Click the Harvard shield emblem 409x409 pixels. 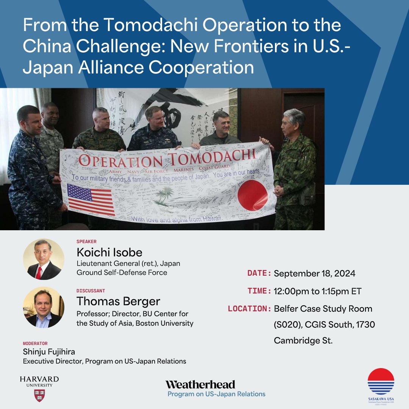39,395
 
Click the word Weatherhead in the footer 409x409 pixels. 200,384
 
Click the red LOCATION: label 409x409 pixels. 250,309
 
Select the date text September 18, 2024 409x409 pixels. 314,273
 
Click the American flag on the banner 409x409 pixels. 91,199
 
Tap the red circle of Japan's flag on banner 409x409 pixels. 253,195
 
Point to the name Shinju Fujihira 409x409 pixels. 49,352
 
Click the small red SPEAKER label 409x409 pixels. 86,241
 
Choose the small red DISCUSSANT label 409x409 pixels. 91,291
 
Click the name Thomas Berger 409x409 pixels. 118,301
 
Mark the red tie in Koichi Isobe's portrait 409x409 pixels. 39,272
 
